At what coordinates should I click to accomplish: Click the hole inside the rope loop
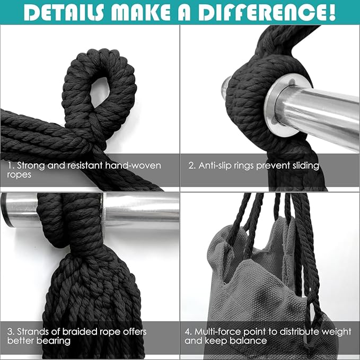pos(100,91)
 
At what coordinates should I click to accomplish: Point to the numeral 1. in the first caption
pos(12,165)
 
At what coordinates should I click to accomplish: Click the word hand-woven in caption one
pos(133,165)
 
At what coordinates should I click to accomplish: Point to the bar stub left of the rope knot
pos(226,87)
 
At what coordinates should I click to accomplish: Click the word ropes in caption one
pos(19,175)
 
